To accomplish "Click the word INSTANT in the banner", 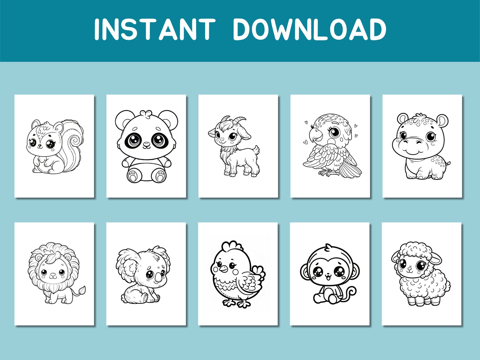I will click(154, 29).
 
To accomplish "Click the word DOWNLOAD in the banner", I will click(309, 29).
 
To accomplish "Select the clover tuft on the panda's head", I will click(146, 113).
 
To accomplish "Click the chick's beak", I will click(223, 268).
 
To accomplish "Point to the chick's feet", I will click(236, 303).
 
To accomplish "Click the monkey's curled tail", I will click(351, 293).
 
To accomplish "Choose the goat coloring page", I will click(238, 146).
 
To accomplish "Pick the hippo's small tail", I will click(448, 163).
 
